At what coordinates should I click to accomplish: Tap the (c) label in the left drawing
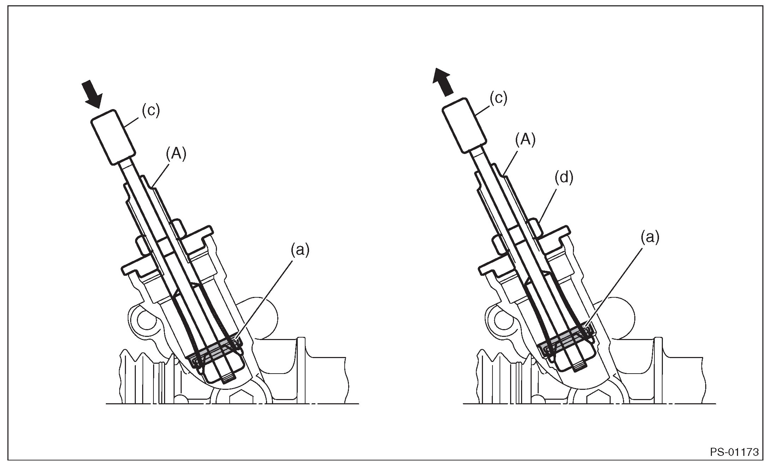click(151, 111)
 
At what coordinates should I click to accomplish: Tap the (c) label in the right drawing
click(498, 99)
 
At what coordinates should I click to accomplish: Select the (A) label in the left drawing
click(176, 155)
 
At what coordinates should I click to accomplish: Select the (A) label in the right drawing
click(525, 140)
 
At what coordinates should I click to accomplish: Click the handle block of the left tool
click(113, 137)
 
